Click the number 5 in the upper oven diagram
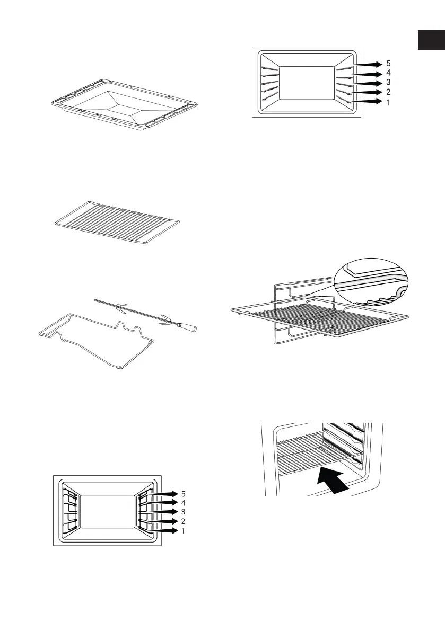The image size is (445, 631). pos(388,64)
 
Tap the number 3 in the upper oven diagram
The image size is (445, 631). pos(388,83)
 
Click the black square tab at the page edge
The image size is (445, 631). pos(431,40)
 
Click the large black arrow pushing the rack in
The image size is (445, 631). pos(332,481)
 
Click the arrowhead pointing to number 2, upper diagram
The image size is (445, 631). pos(376,92)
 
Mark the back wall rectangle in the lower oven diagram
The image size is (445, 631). pos(106,512)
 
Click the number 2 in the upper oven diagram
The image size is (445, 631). pos(388,92)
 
